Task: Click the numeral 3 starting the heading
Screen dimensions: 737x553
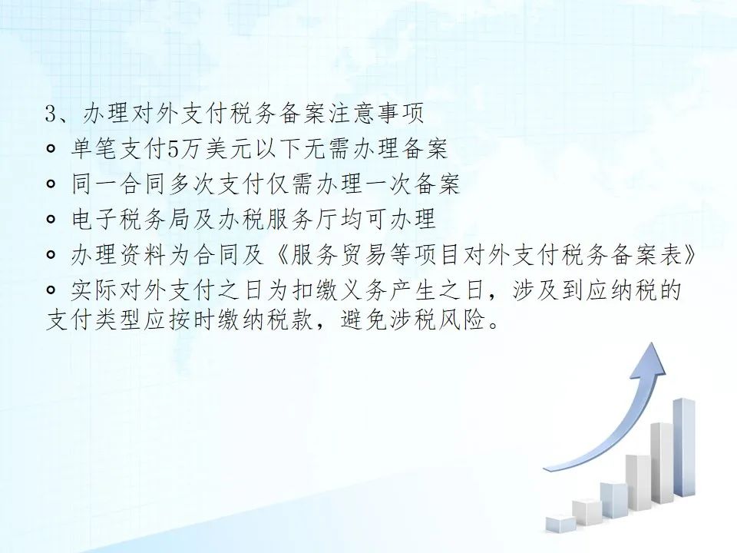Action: click(51, 114)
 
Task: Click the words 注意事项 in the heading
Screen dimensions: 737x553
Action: click(375, 114)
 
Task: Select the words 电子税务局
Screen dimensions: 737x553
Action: click(131, 220)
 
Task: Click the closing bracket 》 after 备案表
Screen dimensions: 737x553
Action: click(689, 255)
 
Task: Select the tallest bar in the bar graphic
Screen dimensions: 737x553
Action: click(684, 447)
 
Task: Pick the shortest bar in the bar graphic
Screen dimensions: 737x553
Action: click(560, 523)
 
